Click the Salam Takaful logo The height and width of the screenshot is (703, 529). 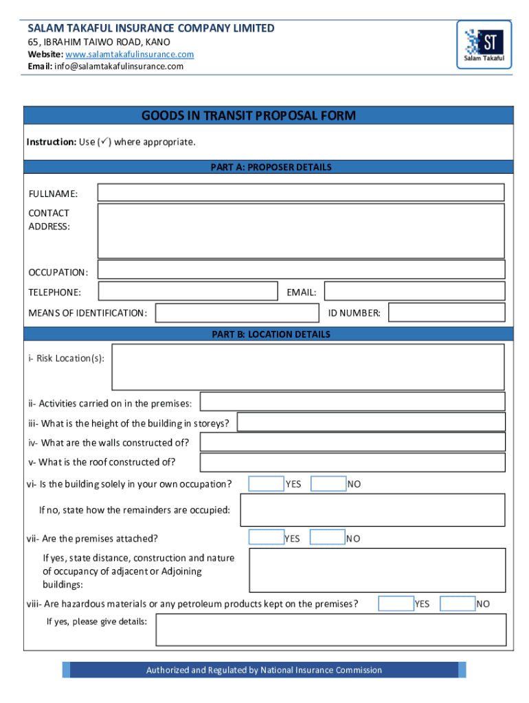pos(484,45)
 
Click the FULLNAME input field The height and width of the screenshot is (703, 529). pos(301,193)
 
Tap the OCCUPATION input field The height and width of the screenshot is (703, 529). pos(301,269)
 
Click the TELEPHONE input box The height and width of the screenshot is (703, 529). pos(188,291)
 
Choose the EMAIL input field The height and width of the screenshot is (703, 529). pos(414,291)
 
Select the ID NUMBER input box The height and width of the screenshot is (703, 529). pos(447,312)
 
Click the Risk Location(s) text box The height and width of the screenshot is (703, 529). pos(308,367)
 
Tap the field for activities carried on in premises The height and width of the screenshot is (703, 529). pos(352,402)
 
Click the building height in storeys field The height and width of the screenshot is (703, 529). pos(371,422)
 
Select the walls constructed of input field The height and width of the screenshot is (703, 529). pos(352,441)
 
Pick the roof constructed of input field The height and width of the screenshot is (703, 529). pos(352,462)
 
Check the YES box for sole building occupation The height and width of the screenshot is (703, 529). pos(267,484)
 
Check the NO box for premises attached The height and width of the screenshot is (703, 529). pos(328,538)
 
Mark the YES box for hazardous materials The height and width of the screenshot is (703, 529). pos(396,603)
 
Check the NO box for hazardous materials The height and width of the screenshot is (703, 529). pos(458,603)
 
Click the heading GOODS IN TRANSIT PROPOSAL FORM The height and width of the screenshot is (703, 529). pos(249,116)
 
